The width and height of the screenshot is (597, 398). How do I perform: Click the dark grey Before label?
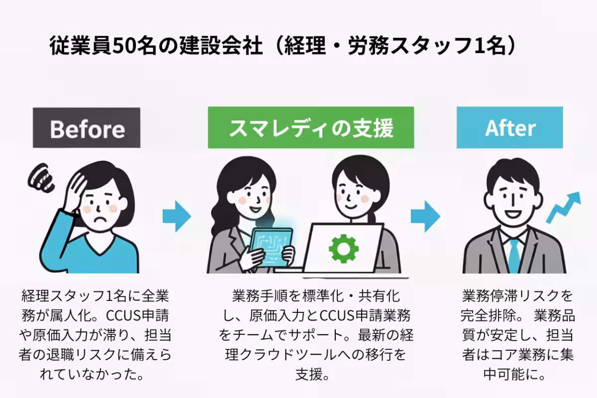87,128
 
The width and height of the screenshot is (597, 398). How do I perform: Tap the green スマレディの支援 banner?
310,128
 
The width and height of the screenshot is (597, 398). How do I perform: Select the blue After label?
509,128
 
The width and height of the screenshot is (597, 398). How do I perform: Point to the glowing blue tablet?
271,244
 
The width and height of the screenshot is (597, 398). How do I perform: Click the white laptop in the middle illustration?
343,249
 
